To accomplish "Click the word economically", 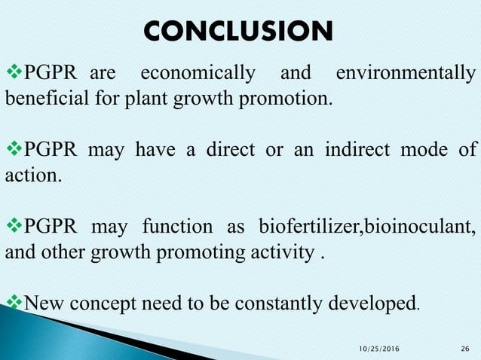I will pos(198,75).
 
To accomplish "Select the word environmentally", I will pos(405,75).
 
